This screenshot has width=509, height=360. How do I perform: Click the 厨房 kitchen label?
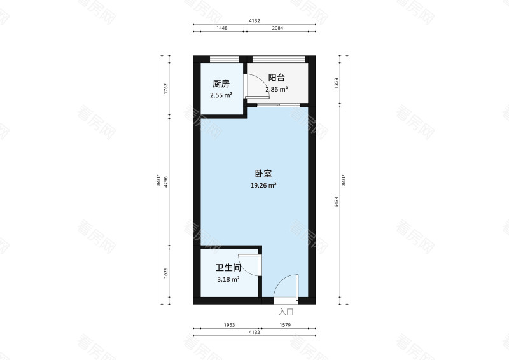[221, 83]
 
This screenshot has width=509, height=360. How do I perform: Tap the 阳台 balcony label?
[276, 78]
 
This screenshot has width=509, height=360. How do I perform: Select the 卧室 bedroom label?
[263, 173]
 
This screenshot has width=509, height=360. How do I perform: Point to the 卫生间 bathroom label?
[228, 268]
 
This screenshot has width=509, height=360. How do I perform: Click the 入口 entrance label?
[286, 312]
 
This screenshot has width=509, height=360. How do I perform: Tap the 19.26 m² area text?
[263, 186]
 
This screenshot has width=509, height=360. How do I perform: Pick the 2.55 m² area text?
[221, 95]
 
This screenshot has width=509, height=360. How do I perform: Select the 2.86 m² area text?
[276, 90]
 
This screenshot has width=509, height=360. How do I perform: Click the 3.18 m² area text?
[228, 279]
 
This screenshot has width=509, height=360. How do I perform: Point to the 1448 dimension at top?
[221, 29]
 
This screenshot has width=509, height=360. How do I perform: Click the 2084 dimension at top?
[277, 29]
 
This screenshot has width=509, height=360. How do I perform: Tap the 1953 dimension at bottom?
[229, 325]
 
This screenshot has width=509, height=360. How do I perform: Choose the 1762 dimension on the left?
[165, 88]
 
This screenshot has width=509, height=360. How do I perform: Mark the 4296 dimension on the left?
[165, 182]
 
